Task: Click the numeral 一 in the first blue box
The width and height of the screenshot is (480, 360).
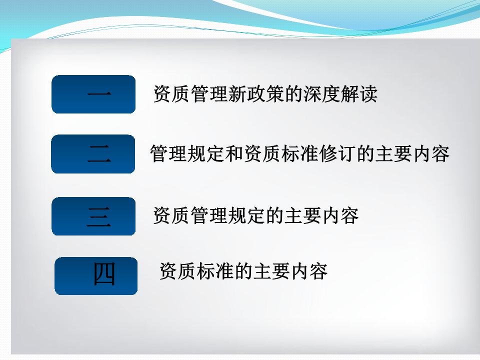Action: click(x=99, y=93)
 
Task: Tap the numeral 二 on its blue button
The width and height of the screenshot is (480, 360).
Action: click(x=98, y=153)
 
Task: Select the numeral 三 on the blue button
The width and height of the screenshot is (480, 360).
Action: click(x=98, y=216)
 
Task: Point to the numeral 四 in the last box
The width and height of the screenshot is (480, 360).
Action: click(x=104, y=273)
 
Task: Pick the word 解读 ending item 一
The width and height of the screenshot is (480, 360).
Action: click(x=358, y=93)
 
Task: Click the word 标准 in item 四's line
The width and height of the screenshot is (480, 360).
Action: click(x=215, y=271)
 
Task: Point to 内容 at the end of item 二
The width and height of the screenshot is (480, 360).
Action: click(x=431, y=153)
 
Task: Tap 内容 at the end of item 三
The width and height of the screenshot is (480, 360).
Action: click(x=340, y=216)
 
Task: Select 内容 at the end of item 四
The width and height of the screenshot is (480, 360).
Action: click(x=309, y=271)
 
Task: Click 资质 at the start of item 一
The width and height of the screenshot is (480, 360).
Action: click(x=171, y=93)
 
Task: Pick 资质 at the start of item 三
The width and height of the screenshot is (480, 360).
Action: click(x=171, y=216)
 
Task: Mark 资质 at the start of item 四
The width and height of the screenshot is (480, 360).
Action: click(x=177, y=271)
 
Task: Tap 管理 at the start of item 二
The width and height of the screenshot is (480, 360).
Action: click(x=168, y=153)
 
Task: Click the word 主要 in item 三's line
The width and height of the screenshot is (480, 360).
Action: click(x=302, y=216)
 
